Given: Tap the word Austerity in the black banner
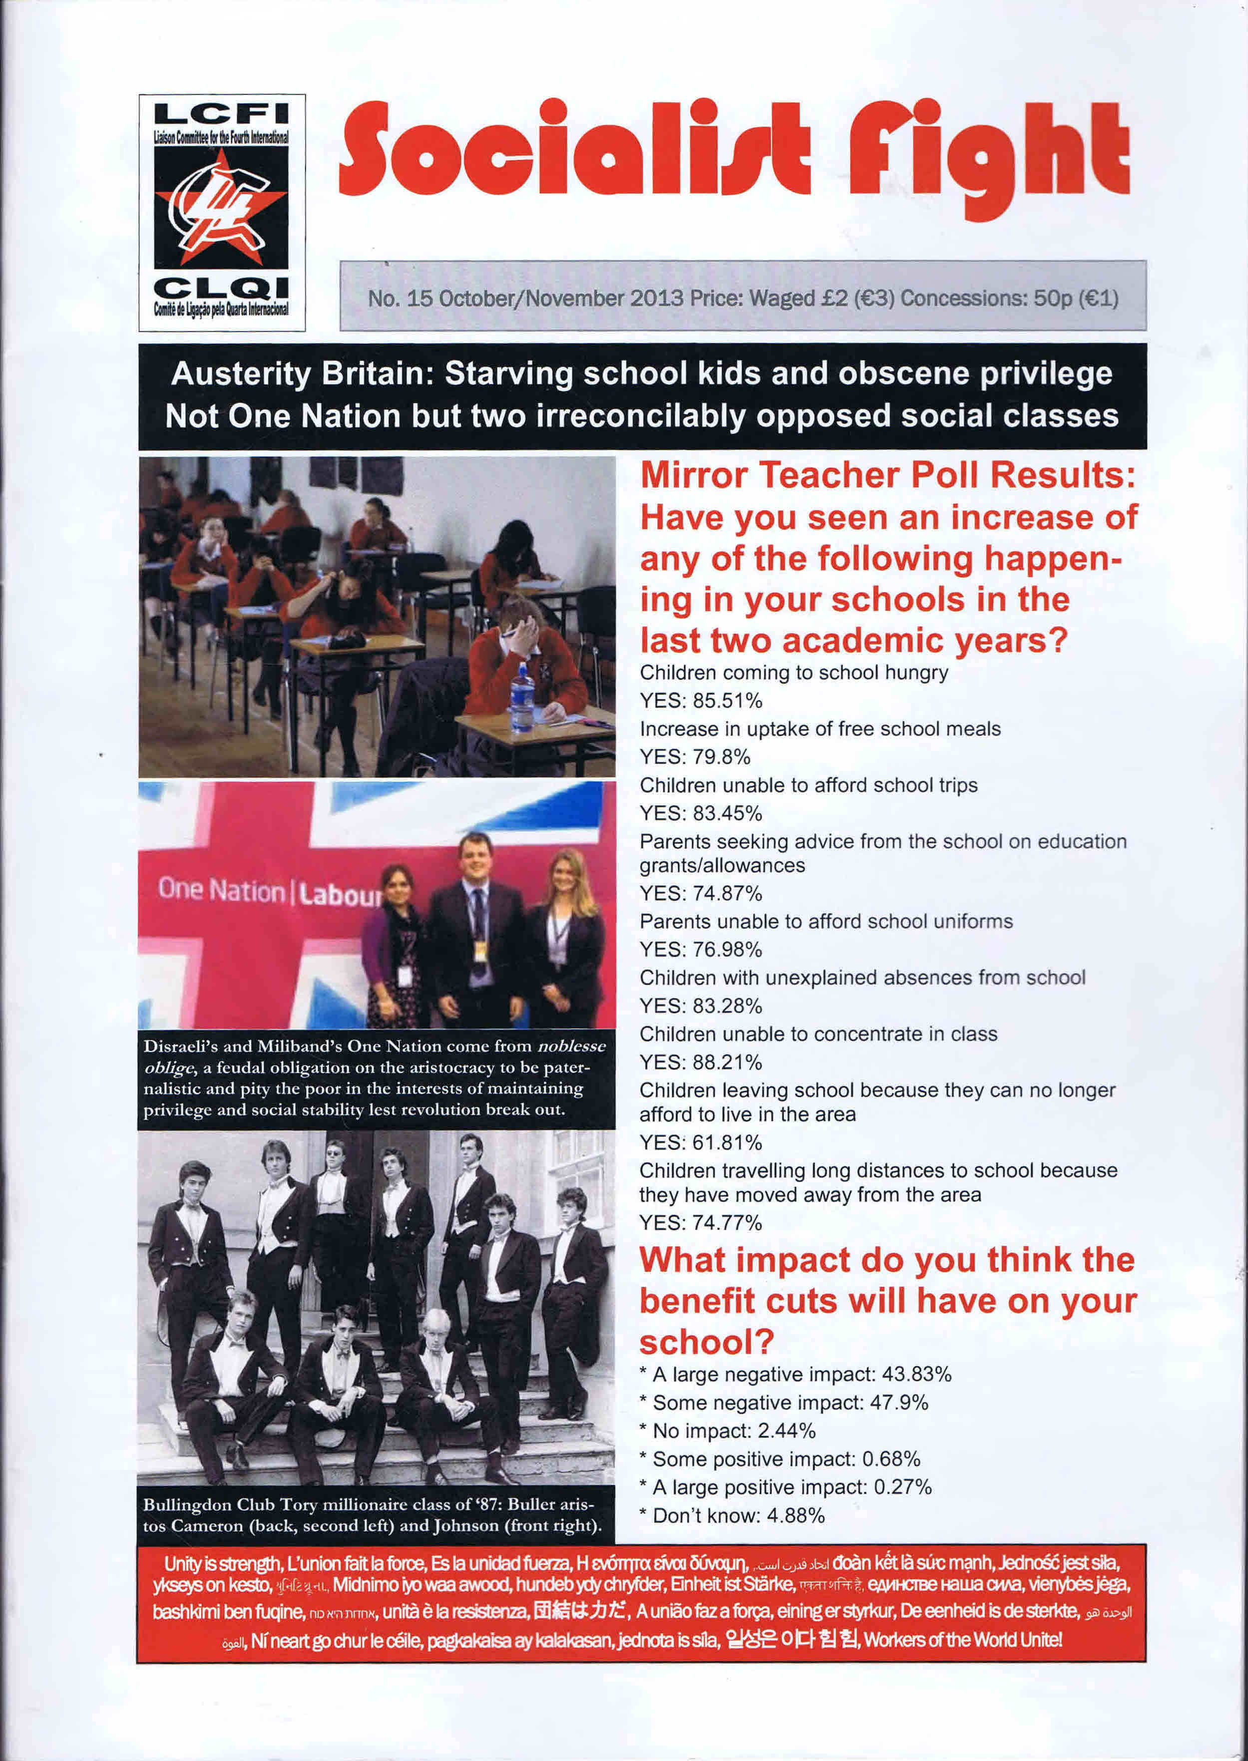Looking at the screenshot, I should pos(241,374).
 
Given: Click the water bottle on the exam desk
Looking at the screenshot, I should pos(522,697).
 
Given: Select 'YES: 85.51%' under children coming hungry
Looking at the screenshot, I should pos(701,701).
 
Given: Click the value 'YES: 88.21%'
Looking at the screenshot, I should pos(701,1062).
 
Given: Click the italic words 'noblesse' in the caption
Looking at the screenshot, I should pos(571,1047).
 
